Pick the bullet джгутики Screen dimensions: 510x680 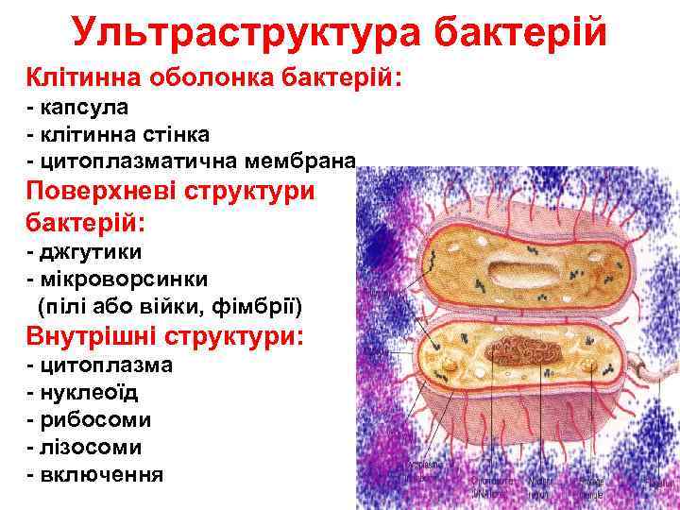click(x=92, y=252)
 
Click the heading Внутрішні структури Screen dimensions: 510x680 click(x=165, y=335)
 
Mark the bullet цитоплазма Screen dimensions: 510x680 click(x=107, y=365)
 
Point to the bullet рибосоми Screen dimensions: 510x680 click(x=95, y=419)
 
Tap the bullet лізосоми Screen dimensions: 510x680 click(x=92, y=447)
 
